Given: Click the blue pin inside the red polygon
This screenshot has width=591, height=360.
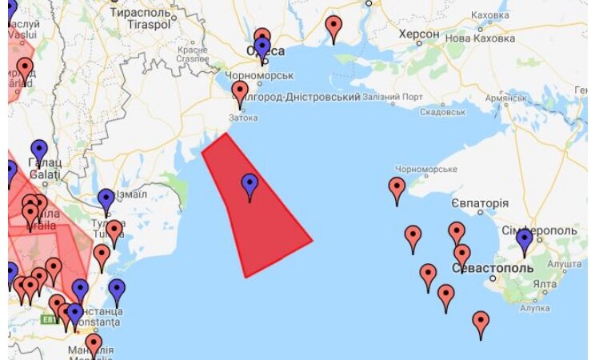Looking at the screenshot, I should [x=250, y=186].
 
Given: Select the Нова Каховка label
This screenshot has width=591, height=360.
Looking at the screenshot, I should [x=480, y=38].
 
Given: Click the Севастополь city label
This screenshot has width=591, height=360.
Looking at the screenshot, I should [x=492, y=268].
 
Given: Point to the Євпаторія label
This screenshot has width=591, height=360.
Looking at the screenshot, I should [x=479, y=203].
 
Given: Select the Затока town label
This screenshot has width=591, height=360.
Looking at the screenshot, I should [x=243, y=118].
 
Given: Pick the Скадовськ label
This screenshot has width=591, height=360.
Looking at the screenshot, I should [x=442, y=112].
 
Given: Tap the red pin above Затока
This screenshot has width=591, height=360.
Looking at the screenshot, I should [x=240, y=93].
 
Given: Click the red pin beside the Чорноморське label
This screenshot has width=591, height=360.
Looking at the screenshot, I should [x=397, y=190].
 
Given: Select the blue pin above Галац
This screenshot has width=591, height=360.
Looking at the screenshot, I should [x=38, y=150].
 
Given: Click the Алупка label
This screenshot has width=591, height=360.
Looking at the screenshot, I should [x=535, y=307].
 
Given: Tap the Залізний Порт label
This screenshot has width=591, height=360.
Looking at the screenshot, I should [x=393, y=98].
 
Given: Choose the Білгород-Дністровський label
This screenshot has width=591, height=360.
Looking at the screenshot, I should [x=308, y=97].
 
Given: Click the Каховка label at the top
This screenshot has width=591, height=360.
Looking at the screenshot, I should [x=490, y=15].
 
